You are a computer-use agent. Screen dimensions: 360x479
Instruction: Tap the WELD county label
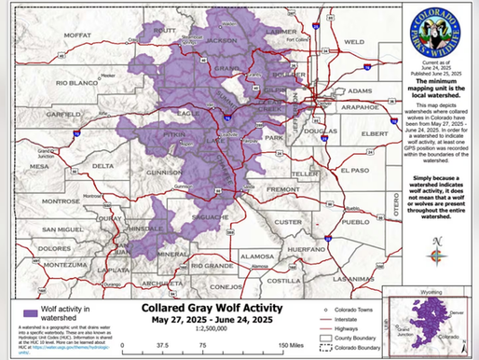[353, 42]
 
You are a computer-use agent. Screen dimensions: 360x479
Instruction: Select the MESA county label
[38, 167]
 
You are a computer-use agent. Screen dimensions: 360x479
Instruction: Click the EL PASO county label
[354, 171]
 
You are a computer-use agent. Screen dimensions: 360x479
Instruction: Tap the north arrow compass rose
[437, 252]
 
